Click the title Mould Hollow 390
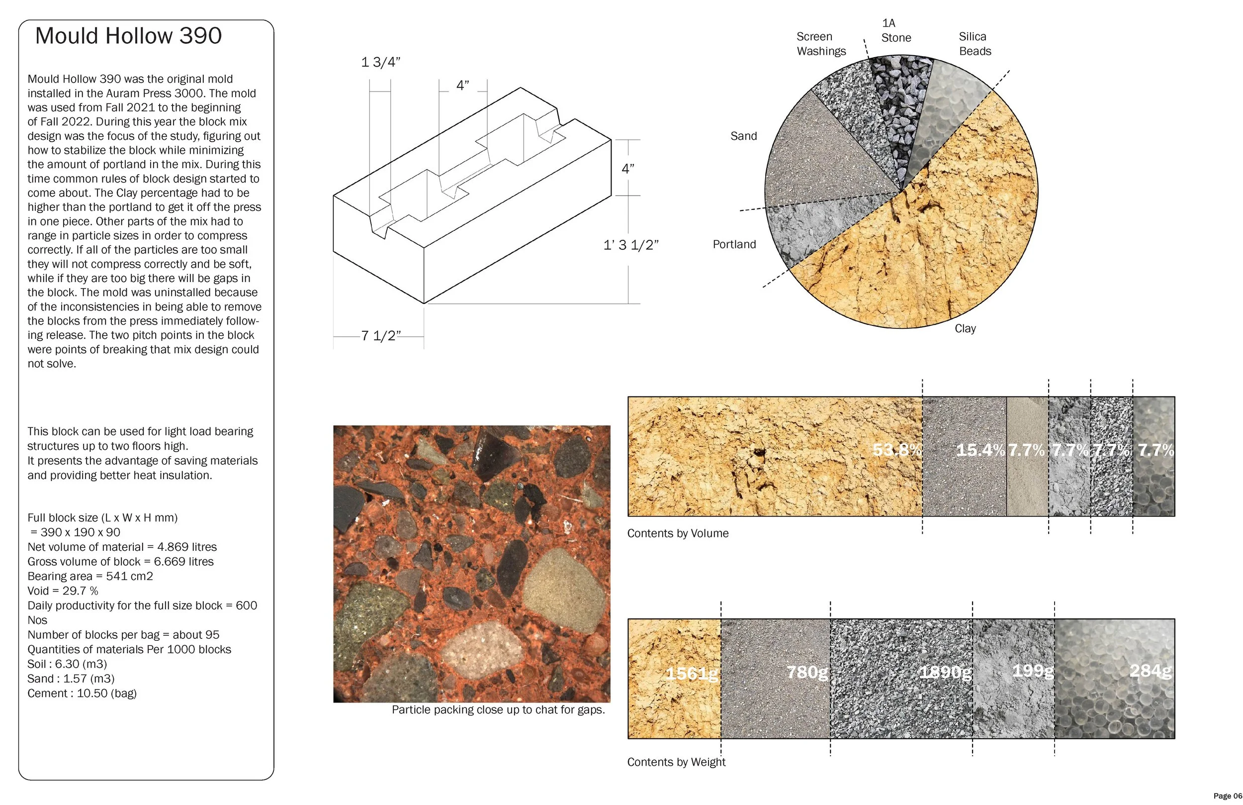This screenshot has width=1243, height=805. coord(128,35)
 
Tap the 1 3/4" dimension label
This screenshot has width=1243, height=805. coord(381,62)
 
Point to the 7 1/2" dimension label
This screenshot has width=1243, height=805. coord(381,336)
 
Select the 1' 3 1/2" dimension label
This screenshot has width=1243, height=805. coord(631,245)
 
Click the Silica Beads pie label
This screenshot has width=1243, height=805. coord(975,44)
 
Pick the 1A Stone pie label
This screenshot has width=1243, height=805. coord(895,30)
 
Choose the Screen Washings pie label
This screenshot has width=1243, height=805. coord(821,44)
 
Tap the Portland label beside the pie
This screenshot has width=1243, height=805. coord(734,244)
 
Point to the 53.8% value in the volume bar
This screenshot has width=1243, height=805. coord(897,450)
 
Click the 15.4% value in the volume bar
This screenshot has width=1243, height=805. coord(980,450)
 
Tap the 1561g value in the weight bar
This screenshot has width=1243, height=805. coord(692,673)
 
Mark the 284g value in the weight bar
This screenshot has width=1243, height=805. coord(1150,671)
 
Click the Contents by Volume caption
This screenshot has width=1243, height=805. coord(678,533)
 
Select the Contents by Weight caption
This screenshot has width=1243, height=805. coord(676,762)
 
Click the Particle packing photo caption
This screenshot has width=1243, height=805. coord(498,710)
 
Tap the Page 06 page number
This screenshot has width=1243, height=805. coord(1227,796)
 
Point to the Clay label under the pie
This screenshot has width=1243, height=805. coord(965,328)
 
